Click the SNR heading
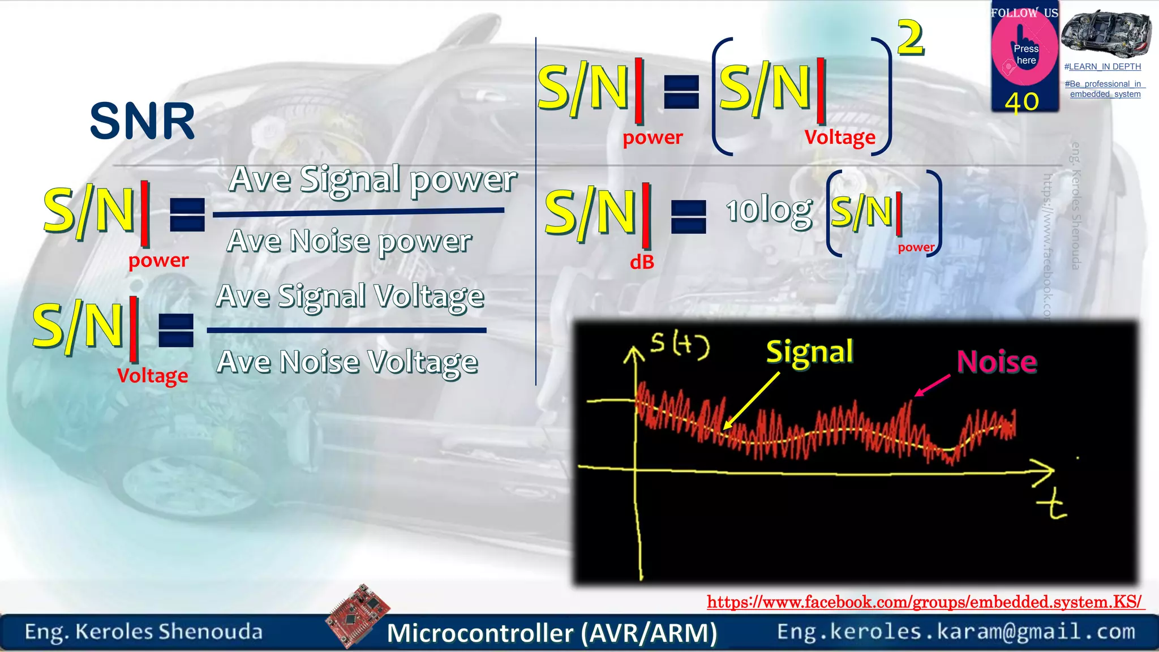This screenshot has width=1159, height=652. click(142, 121)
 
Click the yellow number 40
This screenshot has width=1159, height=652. click(1021, 102)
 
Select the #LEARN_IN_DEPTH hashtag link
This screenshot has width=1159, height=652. click(1102, 67)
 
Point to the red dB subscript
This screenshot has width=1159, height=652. click(642, 262)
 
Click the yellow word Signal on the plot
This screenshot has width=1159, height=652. click(809, 352)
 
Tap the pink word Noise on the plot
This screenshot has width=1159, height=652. click(997, 362)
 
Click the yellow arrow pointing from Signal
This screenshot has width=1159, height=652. click(751, 400)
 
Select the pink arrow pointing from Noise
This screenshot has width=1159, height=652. click(932, 385)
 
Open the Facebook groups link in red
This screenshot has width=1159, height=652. click(925, 602)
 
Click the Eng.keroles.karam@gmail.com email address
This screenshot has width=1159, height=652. click(956, 632)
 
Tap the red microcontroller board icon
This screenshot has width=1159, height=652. click(358, 615)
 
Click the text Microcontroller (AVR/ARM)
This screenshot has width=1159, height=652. click(552, 633)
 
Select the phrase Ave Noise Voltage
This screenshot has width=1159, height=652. click(347, 362)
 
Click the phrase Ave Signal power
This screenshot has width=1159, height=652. click(372, 180)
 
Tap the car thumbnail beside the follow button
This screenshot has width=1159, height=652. click(1105, 33)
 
